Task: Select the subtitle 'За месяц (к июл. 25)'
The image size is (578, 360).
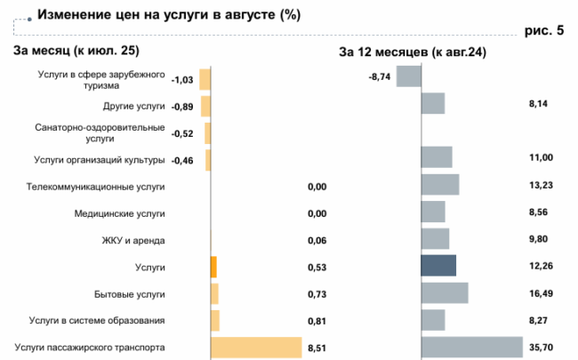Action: click(76, 51)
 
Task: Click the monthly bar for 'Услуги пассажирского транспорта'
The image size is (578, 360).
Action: click(256, 347)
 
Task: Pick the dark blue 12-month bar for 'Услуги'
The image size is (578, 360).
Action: click(438, 267)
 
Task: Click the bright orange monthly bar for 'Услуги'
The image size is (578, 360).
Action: click(213, 267)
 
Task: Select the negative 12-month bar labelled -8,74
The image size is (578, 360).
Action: click(408, 77)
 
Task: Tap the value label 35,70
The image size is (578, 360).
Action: click(541, 347)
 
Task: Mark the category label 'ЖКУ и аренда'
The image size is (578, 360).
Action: click(133, 240)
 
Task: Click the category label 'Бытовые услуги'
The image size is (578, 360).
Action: click(129, 293)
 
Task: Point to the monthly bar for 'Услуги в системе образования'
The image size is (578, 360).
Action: click(214, 320)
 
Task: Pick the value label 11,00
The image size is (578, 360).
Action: click(541, 157)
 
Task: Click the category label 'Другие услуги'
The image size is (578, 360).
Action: click(134, 107)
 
